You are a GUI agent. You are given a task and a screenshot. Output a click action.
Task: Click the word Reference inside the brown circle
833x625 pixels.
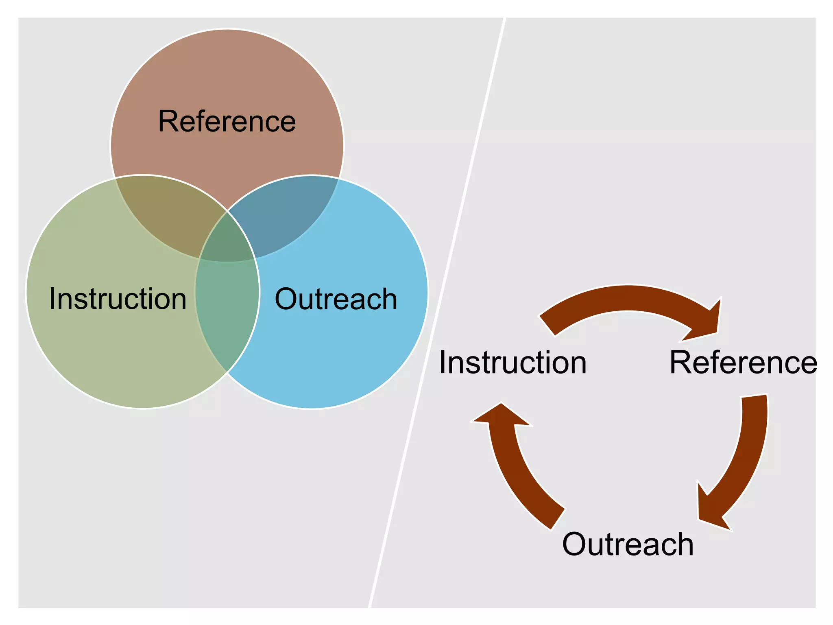227,122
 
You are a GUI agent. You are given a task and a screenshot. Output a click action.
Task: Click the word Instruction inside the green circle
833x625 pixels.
118,299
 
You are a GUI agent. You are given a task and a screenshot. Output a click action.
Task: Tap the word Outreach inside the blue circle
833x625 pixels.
336,299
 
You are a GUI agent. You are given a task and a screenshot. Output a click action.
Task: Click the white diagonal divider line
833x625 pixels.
437,313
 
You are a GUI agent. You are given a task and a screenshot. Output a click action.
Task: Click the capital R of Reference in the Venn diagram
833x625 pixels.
167,122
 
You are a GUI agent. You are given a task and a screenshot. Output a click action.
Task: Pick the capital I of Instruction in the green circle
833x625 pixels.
52,299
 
